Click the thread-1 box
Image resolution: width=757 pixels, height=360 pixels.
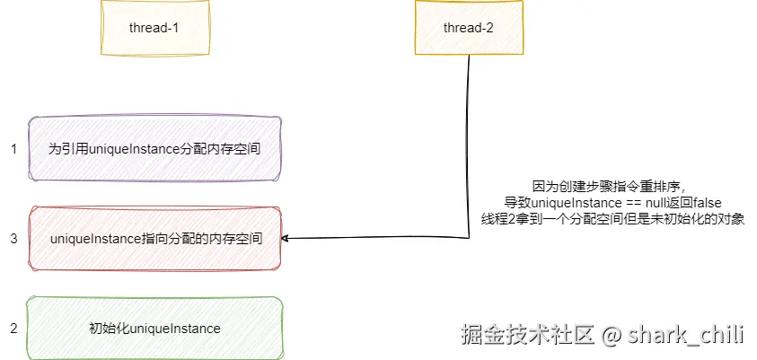[x=154, y=28]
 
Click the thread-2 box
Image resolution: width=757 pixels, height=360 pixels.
[x=469, y=28]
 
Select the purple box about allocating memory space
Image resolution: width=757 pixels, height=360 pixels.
[x=154, y=148]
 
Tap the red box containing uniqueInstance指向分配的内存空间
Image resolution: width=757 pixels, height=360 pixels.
[x=154, y=239]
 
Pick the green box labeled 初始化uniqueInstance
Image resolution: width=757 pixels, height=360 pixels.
[x=154, y=329]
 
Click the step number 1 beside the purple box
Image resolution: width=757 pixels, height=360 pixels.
[x=13, y=149]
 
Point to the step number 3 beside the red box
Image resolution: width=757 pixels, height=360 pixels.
[x=13, y=239]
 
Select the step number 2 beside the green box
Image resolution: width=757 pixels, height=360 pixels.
[x=13, y=329]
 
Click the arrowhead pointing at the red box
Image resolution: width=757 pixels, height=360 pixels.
[x=286, y=239]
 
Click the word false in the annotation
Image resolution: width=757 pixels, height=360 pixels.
[x=707, y=203]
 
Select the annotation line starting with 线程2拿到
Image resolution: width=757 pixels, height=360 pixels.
[x=613, y=219]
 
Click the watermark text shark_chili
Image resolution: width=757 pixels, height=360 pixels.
[x=686, y=336]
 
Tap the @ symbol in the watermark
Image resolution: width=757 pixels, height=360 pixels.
[x=612, y=336]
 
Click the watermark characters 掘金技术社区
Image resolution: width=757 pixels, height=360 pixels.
[x=527, y=336]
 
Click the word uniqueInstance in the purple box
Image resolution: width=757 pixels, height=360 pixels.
[x=123, y=149]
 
